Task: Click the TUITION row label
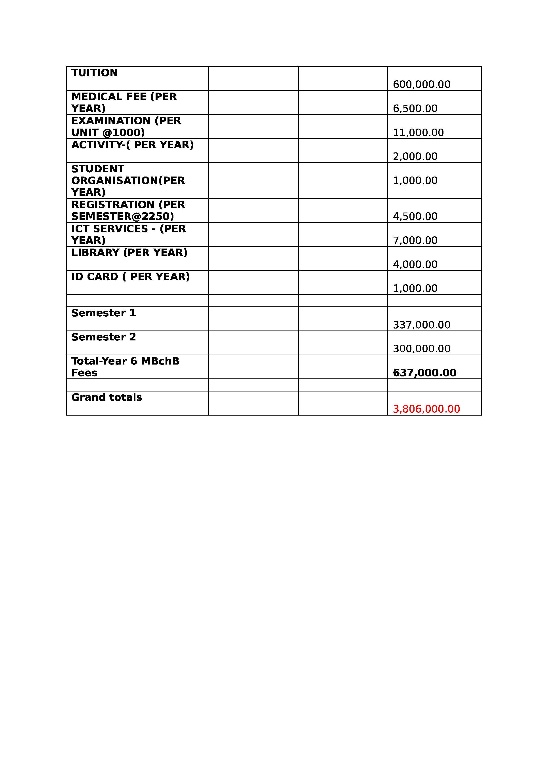[x=95, y=73]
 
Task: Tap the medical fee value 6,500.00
[x=415, y=109]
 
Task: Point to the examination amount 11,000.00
[x=418, y=133]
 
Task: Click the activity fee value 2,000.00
[x=415, y=157]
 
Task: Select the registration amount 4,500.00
[x=415, y=216]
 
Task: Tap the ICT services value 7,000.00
[x=415, y=241]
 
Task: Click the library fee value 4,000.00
[x=415, y=265]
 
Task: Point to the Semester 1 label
[x=104, y=313]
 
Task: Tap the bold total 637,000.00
[x=424, y=373]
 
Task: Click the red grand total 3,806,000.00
[x=426, y=409]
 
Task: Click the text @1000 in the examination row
[x=124, y=133]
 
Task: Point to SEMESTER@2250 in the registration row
[x=123, y=216]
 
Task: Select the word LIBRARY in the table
[x=95, y=253]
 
